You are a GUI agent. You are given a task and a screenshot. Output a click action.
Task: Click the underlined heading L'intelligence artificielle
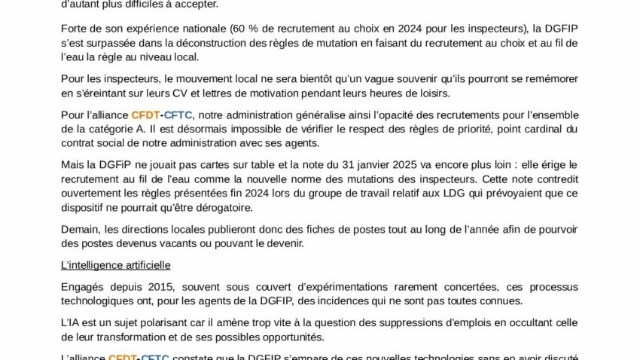point(116,265)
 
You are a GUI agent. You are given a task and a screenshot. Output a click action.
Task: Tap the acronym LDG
point(436,194)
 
